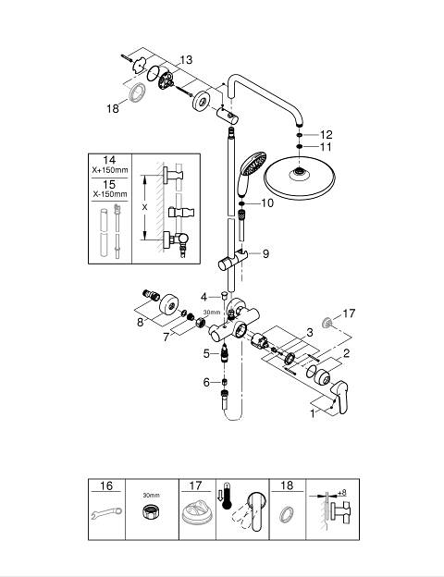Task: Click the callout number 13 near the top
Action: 186,59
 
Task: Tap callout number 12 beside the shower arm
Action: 326,135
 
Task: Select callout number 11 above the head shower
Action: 326,147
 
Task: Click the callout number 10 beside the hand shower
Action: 267,203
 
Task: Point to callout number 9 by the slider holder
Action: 265,253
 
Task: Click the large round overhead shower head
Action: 300,179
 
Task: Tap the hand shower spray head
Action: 253,163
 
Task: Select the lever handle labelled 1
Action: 339,398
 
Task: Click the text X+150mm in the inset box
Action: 110,170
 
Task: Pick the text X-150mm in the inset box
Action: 110,194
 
